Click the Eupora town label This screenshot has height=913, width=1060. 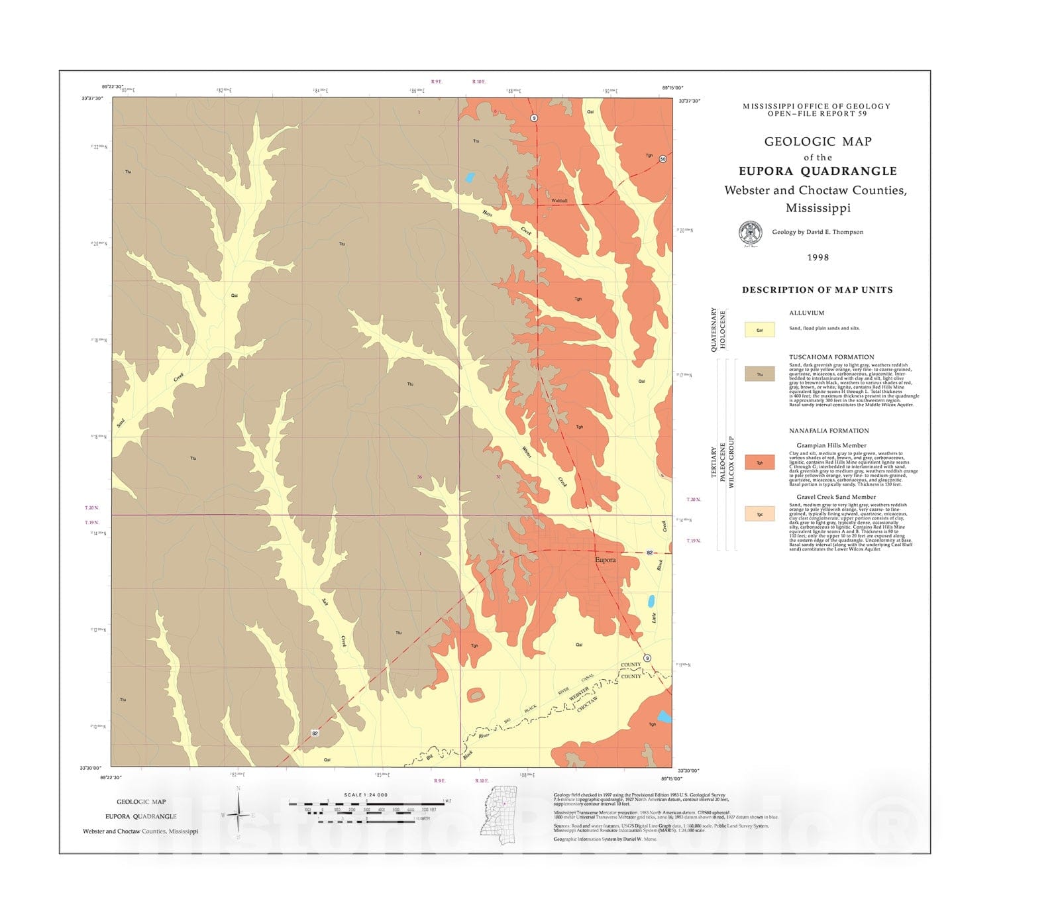[x=605, y=560]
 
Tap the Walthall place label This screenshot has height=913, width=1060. [x=559, y=200]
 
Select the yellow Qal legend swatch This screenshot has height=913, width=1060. [x=759, y=329]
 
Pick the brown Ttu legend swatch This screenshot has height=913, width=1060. [x=759, y=374]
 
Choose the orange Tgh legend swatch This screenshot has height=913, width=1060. [x=759, y=462]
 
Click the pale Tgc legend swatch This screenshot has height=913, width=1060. [x=759, y=513]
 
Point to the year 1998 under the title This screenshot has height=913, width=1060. [x=818, y=258]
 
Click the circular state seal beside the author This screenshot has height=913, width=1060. [x=750, y=233]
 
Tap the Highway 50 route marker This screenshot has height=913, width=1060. [x=662, y=159]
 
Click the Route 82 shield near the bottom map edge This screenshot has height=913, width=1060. [x=315, y=733]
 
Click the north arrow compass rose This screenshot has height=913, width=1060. [x=238, y=814]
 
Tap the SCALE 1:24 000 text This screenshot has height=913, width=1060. [x=366, y=794]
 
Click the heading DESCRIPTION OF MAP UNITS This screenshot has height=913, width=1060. [x=817, y=290]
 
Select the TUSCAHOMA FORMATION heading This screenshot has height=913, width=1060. [x=831, y=357]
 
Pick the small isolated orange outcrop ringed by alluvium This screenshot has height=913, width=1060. [x=475, y=695]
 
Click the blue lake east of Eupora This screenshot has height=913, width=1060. [x=651, y=601]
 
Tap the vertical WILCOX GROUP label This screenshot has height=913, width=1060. [x=731, y=462]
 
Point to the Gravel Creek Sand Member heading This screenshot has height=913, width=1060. [x=836, y=497]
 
